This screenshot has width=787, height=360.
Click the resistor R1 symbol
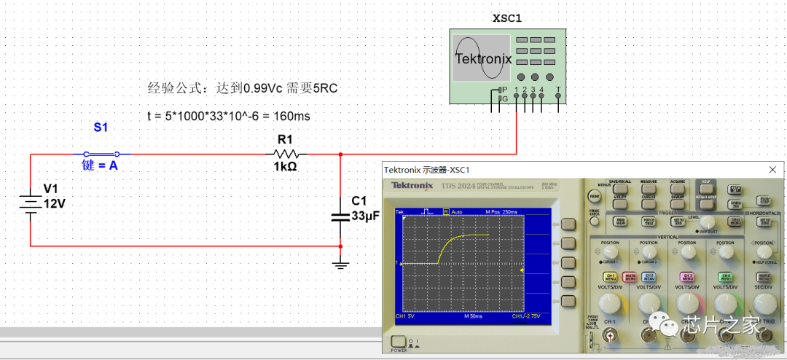pyautogui.click(x=286, y=154)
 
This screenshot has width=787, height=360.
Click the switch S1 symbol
pyautogui.click(x=101, y=154)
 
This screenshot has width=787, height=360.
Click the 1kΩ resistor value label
pyautogui.click(x=285, y=167)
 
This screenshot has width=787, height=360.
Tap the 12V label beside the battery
pyautogui.click(x=55, y=203)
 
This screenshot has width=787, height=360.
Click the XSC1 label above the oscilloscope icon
pyautogui.click(x=508, y=17)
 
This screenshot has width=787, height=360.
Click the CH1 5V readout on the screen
pyautogui.click(x=405, y=316)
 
